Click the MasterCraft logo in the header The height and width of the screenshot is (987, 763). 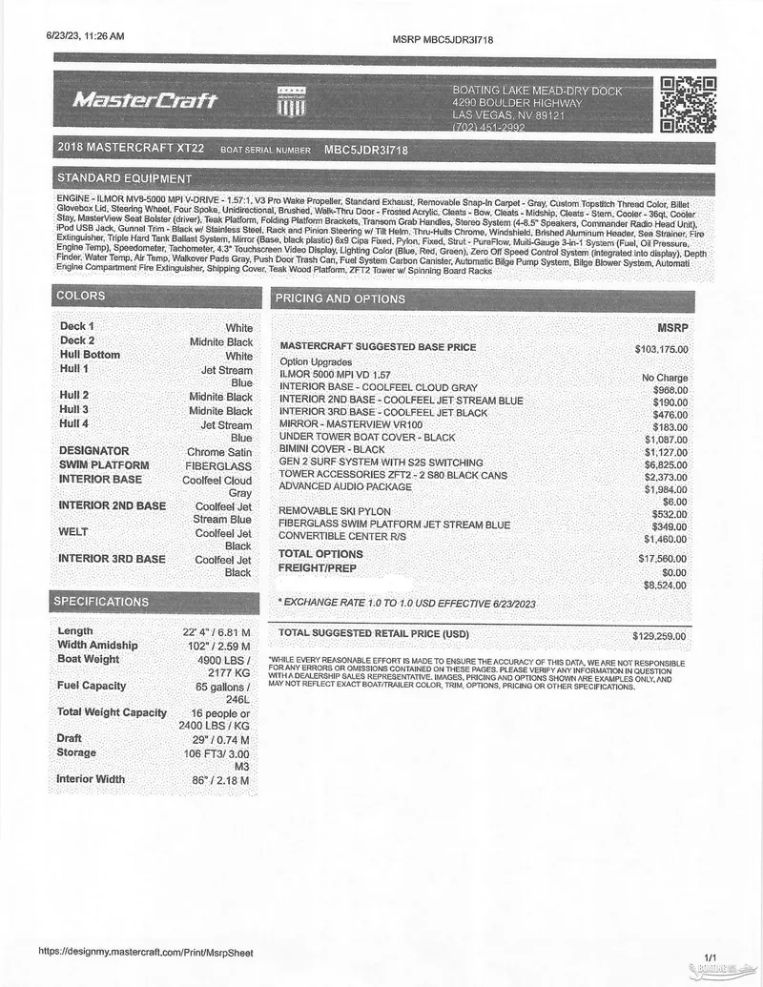pyautogui.click(x=146, y=100)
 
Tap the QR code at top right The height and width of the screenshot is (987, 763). pyautogui.click(x=688, y=104)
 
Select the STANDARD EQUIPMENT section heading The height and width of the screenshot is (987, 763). pyautogui.click(x=124, y=178)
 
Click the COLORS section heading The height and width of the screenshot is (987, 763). pyautogui.click(x=81, y=296)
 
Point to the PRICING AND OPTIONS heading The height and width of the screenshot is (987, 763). pyautogui.click(x=340, y=298)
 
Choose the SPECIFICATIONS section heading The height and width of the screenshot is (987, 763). pyautogui.click(x=101, y=602)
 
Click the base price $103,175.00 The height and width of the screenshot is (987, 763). pyautogui.click(x=661, y=349)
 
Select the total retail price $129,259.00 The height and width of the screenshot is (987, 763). pyautogui.click(x=659, y=635)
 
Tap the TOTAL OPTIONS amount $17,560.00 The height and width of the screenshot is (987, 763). pyautogui.click(x=663, y=558)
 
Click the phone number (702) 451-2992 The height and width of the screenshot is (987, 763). pyautogui.click(x=488, y=127)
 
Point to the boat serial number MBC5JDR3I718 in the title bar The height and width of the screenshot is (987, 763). pyautogui.click(x=366, y=150)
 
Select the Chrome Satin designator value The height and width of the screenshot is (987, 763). pyautogui.click(x=219, y=452)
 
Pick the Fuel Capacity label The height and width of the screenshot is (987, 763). pyautogui.click(x=92, y=686)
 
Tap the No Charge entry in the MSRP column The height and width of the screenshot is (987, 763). pyautogui.click(x=665, y=378)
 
